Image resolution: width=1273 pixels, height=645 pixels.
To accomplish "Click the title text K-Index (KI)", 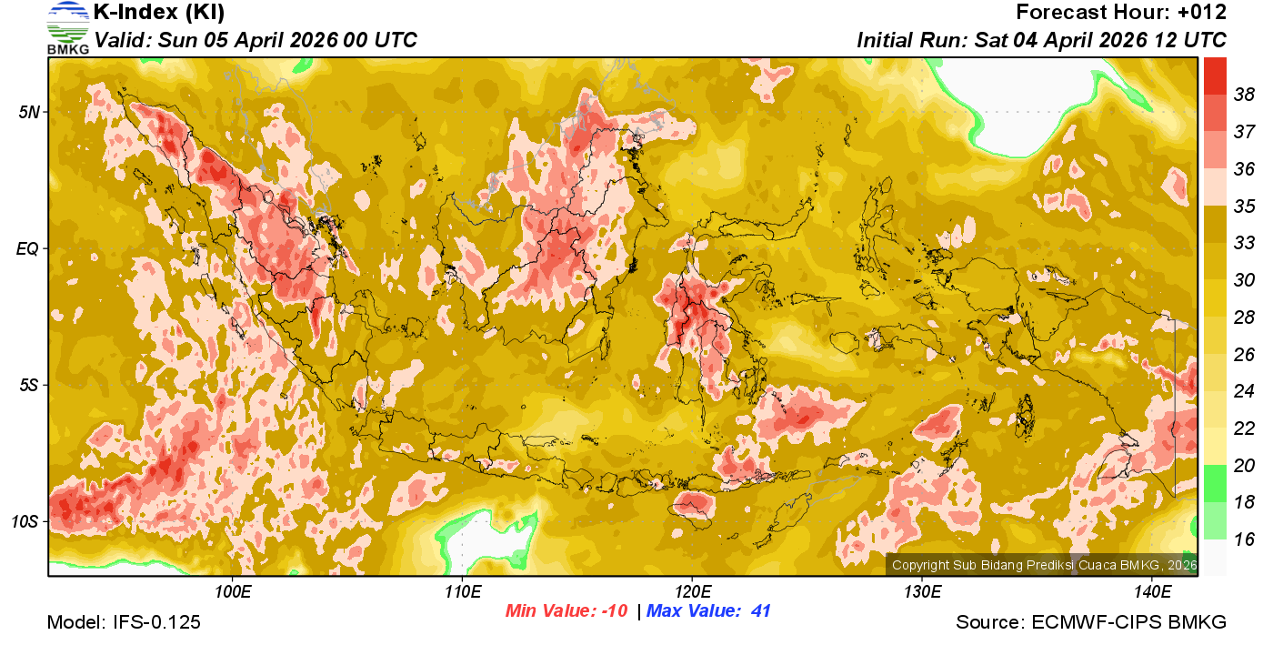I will point(159,13).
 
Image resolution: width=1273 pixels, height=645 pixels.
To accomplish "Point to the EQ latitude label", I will point(26,248).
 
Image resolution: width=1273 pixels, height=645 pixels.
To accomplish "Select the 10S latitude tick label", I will point(25,521).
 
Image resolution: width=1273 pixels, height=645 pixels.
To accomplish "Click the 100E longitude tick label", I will point(233,592).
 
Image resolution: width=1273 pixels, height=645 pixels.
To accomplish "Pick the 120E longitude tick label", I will point(692,592).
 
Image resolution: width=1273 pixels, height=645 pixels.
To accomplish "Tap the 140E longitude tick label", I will point(1152,592).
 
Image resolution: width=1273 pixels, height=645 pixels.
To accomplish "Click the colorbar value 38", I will point(1244,94).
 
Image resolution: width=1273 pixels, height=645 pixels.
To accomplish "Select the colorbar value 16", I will point(1244,539).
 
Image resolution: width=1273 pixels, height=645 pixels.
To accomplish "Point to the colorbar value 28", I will point(1244,317).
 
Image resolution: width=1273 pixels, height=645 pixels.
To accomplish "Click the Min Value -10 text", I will point(566,611).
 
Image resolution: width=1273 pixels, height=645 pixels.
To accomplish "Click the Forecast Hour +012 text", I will point(1121,13).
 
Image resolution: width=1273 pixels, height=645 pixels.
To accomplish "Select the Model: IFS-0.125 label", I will point(124,623).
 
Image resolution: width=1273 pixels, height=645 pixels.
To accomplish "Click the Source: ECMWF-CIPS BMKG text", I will point(1090,623).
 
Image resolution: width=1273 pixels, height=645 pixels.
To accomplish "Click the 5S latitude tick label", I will point(27,385).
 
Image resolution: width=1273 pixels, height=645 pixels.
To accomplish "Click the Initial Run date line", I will point(1041,40).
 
